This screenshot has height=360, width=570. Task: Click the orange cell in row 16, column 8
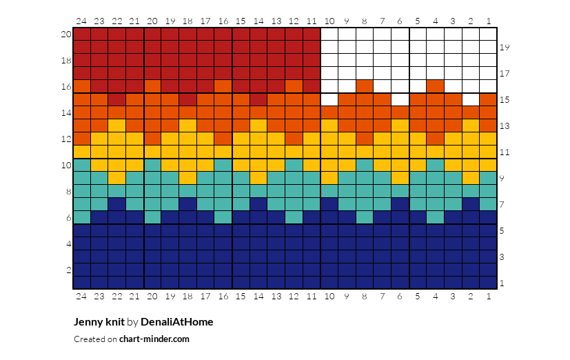365,86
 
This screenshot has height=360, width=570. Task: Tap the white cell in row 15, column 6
400,99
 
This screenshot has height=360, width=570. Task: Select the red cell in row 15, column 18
187,99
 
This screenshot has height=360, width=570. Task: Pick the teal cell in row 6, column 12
294,217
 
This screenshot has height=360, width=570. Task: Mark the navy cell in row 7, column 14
258,204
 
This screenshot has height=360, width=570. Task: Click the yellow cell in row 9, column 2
471,178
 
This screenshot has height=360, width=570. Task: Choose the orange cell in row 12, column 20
152,139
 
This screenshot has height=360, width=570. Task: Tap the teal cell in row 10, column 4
436,165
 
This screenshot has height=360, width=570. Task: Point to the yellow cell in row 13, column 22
117,126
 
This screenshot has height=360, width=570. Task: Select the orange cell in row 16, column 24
82,86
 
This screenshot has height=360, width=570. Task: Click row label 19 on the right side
505,48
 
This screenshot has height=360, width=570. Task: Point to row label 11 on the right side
505,152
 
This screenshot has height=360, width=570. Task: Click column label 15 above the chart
241,21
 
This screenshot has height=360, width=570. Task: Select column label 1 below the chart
489,297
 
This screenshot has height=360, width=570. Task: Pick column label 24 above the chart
81,21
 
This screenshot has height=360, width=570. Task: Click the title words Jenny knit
99,322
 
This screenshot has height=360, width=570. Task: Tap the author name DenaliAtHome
177,322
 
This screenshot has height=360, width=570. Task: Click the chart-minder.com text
154,339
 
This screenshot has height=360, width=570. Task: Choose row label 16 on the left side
66,86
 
